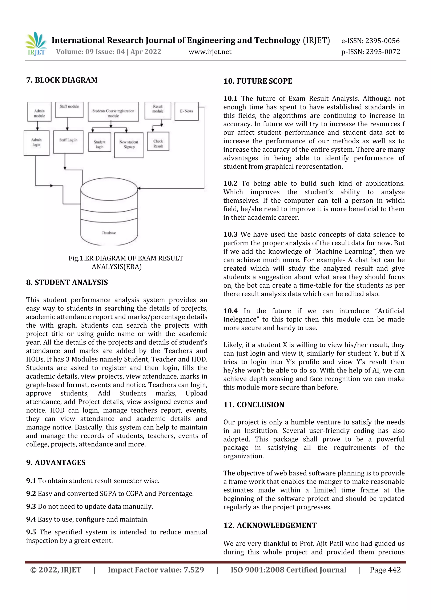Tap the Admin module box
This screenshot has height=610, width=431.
tap(39, 112)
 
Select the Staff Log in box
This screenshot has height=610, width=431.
tap(68, 142)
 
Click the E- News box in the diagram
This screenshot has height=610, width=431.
tap(186, 111)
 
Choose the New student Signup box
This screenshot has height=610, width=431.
tap(129, 145)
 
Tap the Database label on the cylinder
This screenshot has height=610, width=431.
tap(109, 233)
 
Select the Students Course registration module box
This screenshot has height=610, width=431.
tap(113, 112)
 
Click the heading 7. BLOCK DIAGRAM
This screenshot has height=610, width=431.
tap(62, 80)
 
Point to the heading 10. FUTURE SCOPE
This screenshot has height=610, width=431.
tap(258, 81)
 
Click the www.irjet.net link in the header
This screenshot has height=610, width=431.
tap(210, 52)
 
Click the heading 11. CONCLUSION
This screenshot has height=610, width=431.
tap(254, 405)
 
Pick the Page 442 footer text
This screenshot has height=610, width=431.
tap(385, 570)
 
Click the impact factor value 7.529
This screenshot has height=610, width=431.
tap(194, 570)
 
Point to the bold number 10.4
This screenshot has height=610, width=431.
tap(230, 311)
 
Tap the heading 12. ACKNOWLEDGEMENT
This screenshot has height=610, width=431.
tap(270, 525)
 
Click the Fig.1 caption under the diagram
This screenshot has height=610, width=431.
tap(126, 262)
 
